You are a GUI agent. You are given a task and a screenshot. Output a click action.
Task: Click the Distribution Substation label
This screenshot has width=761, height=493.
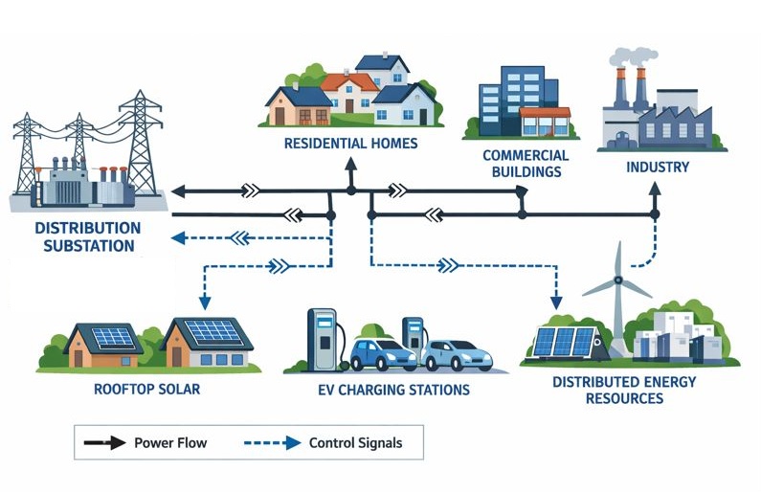coord(87,236)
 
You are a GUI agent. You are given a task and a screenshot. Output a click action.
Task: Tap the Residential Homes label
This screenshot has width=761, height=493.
coord(350,144)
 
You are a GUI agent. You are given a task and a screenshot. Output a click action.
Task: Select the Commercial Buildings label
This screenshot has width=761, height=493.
coord(526,164)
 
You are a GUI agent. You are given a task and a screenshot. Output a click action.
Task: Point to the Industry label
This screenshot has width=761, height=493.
coord(658,167)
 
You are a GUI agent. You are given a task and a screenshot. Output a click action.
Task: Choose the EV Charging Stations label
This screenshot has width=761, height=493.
coord(393,390)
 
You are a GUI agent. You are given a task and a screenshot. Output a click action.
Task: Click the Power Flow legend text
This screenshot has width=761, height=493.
coord(169,443)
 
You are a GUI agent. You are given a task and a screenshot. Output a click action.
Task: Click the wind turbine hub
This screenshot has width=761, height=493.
coord(618,280)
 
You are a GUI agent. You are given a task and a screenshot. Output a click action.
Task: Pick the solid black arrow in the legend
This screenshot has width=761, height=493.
coord(104,443)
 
